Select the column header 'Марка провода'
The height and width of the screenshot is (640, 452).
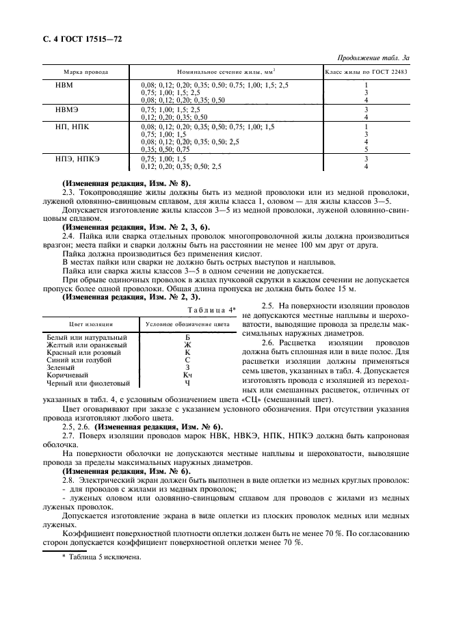pyautogui.click(x=85, y=72)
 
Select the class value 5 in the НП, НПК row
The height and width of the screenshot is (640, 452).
pyautogui.click(x=366, y=148)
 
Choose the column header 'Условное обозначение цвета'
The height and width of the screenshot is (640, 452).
pyautogui.click(x=189, y=323)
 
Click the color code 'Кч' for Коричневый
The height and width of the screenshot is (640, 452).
pyautogui.click(x=187, y=375)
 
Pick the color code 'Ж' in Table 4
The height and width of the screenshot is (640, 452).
pyautogui.click(x=187, y=345)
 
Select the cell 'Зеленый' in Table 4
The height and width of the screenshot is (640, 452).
pyautogui.click(x=60, y=368)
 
